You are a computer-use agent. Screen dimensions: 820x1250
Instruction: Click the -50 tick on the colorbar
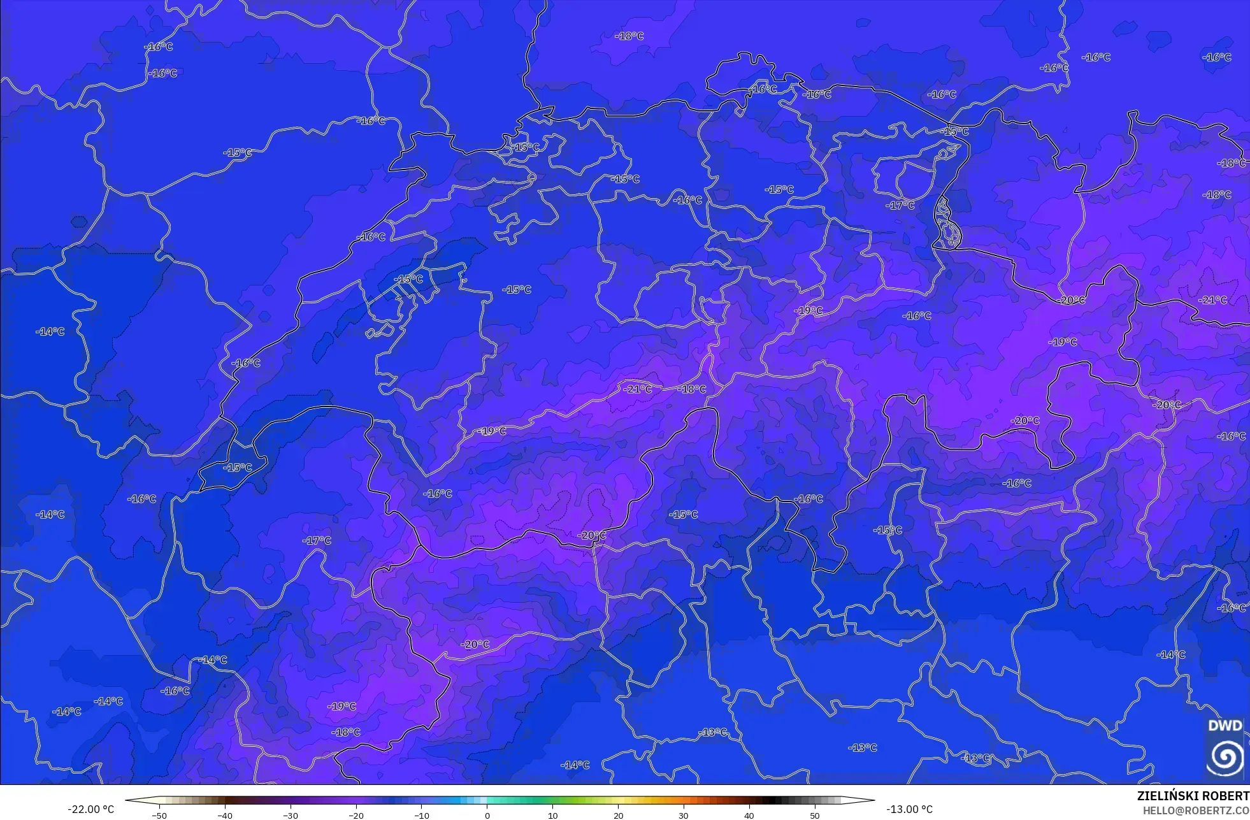click(160, 815)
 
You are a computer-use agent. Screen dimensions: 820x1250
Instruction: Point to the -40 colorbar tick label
click(225, 815)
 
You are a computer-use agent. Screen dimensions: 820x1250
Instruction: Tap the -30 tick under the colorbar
click(291, 815)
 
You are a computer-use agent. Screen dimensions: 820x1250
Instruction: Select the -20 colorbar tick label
click(356, 815)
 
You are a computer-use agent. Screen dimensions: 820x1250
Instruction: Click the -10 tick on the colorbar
click(422, 815)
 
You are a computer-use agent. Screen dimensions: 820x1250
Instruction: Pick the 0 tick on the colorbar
click(487, 815)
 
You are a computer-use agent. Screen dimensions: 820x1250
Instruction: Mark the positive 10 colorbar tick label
click(552, 815)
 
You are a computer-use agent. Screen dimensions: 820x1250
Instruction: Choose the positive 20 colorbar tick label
click(618, 815)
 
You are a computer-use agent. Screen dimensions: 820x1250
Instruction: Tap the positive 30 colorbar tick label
click(684, 815)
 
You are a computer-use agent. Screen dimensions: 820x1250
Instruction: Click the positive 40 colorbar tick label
click(749, 815)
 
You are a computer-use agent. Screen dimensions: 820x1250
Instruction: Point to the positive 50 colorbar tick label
click(814, 815)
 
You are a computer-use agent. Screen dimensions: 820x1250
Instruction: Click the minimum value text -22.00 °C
click(91, 809)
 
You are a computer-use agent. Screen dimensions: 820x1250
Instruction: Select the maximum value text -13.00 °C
click(909, 809)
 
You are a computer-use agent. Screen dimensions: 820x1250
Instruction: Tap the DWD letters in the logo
click(1225, 726)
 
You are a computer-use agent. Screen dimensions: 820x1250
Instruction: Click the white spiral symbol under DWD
click(1225, 756)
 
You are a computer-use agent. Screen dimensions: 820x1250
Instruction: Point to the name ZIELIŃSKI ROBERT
click(1193, 796)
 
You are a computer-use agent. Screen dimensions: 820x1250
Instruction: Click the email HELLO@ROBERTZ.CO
click(1195, 810)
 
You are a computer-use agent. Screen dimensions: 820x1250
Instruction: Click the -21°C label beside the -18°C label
click(638, 389)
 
